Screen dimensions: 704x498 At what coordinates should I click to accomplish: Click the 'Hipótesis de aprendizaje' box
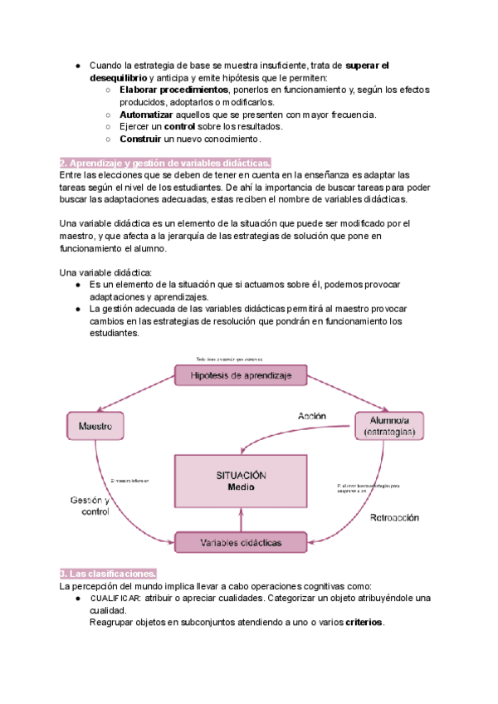point(241,376)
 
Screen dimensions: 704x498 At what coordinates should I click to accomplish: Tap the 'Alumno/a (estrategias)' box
point(389,426)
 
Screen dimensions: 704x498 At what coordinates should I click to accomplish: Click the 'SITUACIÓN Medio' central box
point(241,481)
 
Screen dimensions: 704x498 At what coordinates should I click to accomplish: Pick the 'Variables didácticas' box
point(241,543)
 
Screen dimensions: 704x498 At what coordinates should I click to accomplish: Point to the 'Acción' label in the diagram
point(312,415)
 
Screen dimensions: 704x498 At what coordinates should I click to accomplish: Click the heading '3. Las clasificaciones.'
point(108,574)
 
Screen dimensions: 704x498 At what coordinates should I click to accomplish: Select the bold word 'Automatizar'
point(146,114)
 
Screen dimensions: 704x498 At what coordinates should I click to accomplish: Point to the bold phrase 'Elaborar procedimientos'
point(173,89)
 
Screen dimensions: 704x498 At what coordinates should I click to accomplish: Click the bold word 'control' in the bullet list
point(179,126)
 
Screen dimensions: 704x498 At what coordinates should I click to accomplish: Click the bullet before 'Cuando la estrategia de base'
point(76,65)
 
